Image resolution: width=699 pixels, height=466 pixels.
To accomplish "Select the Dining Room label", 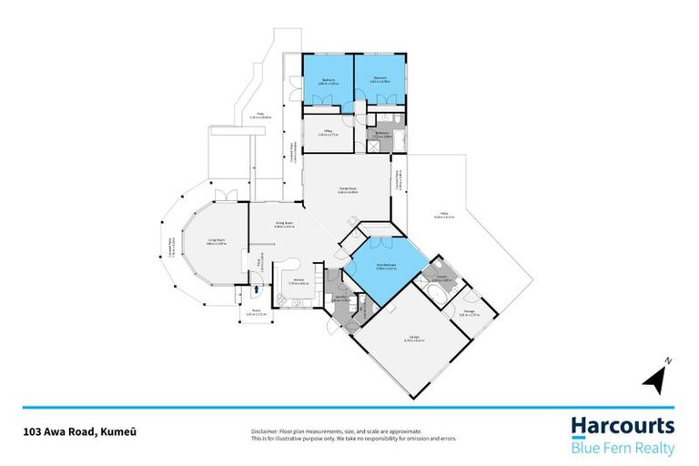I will [x=283, y=224].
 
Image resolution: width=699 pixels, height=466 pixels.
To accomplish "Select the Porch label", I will [x=258, y=318].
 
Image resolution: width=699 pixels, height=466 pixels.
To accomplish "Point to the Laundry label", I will [x=341, y=298].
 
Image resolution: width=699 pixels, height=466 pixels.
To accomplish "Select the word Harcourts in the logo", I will [x=623, y=425].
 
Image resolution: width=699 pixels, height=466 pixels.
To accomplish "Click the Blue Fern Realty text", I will [x=623, y=449].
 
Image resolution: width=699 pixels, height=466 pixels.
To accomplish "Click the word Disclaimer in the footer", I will [x=264, y=431].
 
